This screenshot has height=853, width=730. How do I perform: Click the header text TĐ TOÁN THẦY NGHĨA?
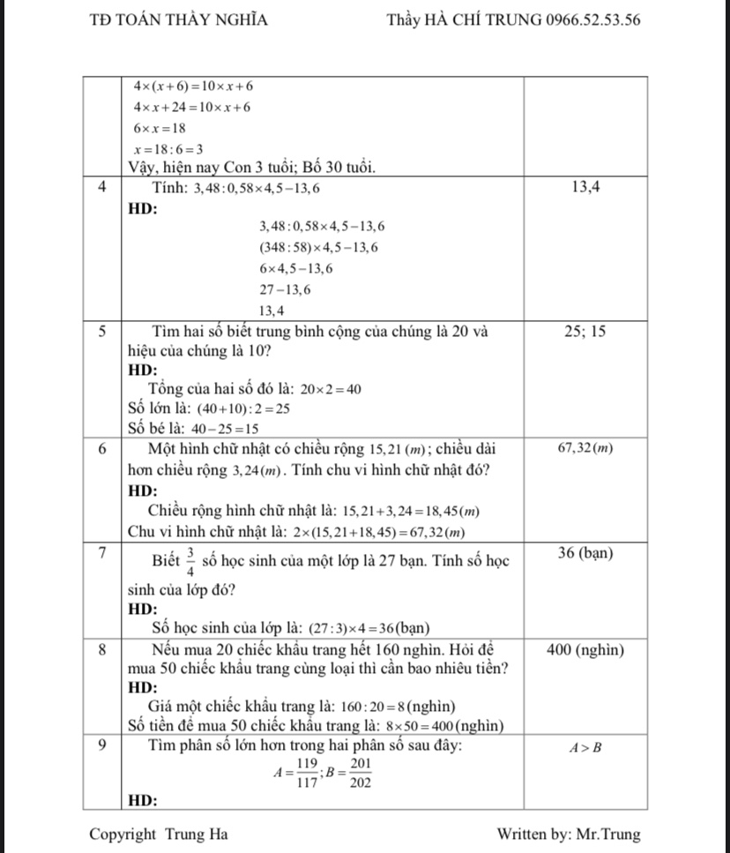[x=179, y=20]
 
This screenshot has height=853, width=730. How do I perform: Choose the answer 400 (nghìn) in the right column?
[x=585, y=650]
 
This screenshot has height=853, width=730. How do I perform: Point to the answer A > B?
[x=585, y=749]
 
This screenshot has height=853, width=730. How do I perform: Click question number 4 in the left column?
[x=103, y=187]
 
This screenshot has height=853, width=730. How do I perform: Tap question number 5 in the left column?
[x=103, y=332]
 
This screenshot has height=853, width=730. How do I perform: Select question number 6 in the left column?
[x=103, y=448]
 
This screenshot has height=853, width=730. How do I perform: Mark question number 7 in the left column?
[x=103, y=553]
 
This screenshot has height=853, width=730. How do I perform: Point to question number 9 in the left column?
[x=103, y=745]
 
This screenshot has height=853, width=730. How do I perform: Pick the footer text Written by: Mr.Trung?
[x=569, y=834]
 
